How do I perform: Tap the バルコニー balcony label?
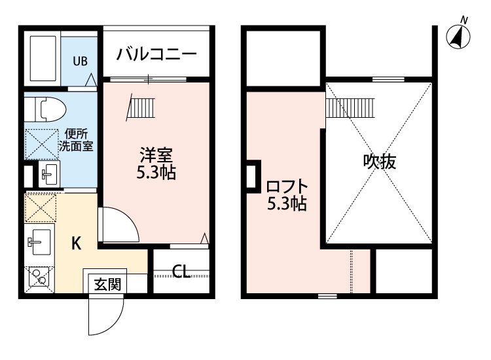click(157, 54)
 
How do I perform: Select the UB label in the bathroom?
click(80, 62)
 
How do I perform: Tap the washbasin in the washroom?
click(48, 174)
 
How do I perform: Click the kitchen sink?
click(38, 243)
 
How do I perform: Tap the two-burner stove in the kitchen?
click(38, 278)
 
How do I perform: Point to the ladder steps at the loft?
click(350, 105)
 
